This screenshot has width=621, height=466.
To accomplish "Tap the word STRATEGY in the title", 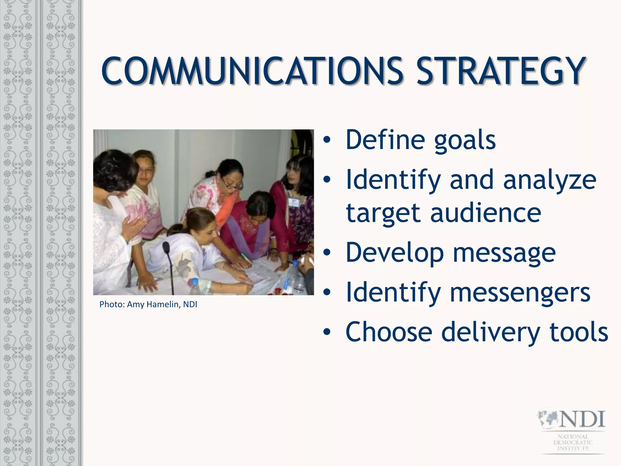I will (x=500, y=71).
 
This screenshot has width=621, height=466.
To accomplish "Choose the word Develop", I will (x=394, y=253).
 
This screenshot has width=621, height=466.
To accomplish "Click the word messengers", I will (x=520, y=292).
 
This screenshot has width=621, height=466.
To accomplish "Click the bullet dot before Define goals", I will (x=327, y=140).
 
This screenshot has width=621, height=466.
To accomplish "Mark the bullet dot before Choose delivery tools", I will (x=327, y=332).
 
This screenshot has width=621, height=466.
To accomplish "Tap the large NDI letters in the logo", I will (x=582, y=420).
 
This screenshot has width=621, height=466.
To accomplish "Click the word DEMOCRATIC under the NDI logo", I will (x=573, y=442).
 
